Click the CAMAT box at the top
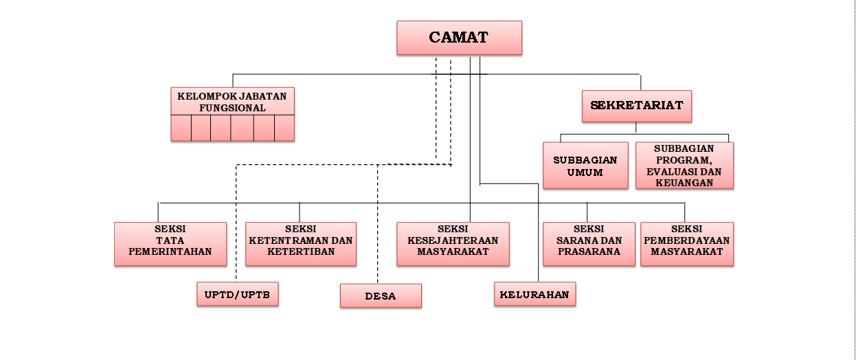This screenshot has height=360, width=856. [459, 37]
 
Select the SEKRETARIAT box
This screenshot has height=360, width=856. [636, 106]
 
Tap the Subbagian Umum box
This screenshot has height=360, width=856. [585, 166]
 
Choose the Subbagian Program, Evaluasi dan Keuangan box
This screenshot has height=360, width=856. [684, 166]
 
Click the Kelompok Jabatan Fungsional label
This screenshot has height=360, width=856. [232, 102]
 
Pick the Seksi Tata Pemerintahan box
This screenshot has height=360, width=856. [170, 244]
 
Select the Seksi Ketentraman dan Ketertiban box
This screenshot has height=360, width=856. [301, 244]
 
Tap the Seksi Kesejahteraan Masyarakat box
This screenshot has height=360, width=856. [453, 244]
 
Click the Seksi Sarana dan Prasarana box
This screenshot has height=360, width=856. [589, 244]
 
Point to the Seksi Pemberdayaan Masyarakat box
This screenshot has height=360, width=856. [687, 244]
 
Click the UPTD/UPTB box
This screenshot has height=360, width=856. [237, 294]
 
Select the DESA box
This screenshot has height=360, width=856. [381, 296]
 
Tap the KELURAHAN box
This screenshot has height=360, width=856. [534, 294]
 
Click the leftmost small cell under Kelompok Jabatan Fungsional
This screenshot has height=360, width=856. [181, 128]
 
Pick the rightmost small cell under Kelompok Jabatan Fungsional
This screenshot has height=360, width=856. [284, 128]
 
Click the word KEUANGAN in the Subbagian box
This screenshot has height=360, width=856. [684, 183]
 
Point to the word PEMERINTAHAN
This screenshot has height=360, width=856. [170, 251]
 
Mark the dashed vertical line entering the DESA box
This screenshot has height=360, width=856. [377, 227]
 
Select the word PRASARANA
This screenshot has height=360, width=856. [589, 251]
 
